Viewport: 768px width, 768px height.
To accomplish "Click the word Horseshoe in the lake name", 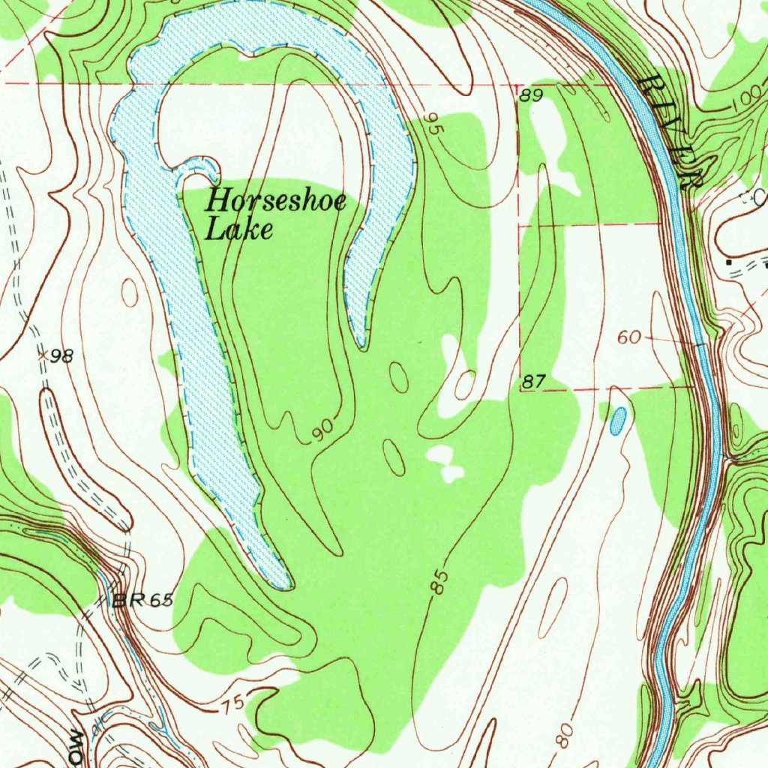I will coord(276,201).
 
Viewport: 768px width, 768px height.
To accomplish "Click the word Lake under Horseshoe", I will coord(238,229).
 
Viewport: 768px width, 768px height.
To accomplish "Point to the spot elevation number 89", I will coord(530,95).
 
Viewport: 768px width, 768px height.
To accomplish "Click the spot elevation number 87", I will coord(532,382).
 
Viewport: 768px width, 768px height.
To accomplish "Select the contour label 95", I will coord(434,123).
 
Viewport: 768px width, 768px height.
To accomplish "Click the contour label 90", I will coord(322,430).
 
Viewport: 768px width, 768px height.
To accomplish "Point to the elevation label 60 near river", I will coord(629,338).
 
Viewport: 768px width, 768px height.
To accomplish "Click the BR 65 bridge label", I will coord(142,600).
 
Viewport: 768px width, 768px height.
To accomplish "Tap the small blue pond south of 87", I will coord(617,421).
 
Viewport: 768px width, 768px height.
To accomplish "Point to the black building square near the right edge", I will coord(728,262).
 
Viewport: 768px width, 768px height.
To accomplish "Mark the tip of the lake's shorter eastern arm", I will coord(361,344).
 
